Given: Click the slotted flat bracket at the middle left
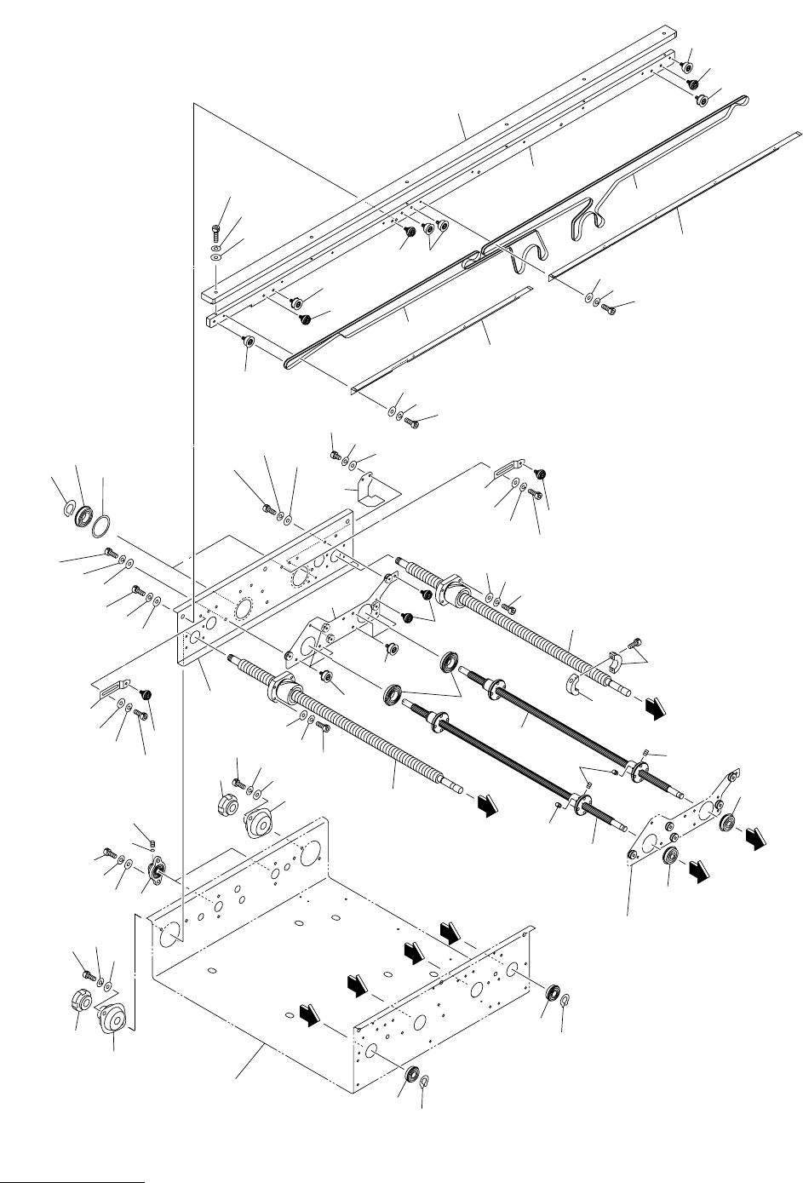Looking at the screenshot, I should coord(112,687).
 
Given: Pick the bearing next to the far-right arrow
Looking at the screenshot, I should coord(729,823).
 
